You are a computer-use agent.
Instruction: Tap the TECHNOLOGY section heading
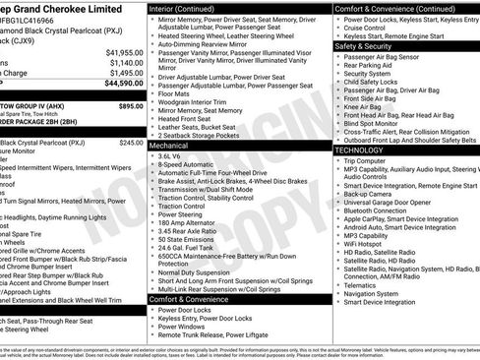359,150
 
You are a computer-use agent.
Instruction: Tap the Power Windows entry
181,326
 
